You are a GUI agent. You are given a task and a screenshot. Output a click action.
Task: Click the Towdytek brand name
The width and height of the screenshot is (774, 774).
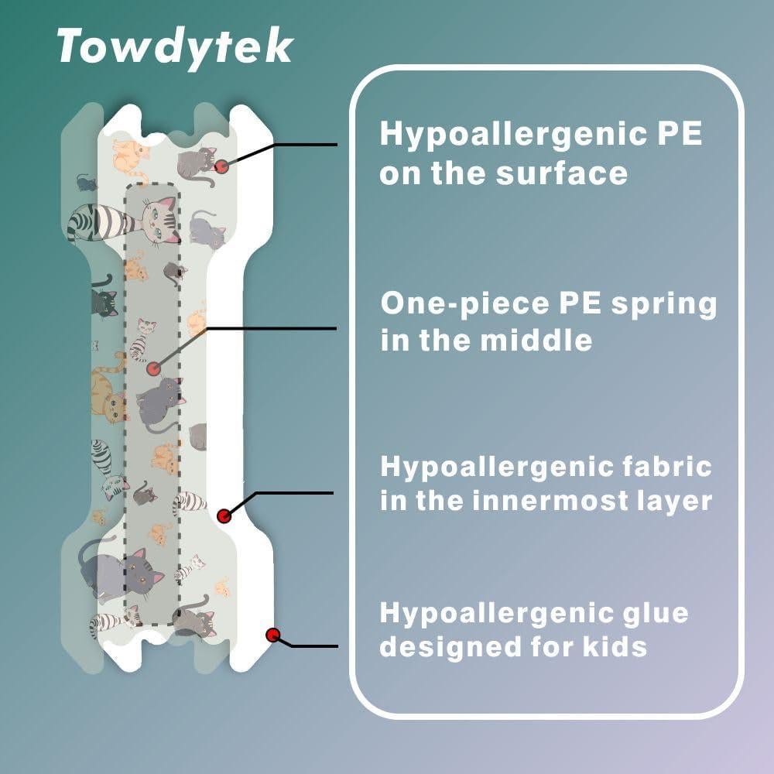[x=175, y=48]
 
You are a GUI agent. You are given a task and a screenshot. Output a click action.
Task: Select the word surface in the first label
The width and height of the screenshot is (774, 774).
[x=562, y=173]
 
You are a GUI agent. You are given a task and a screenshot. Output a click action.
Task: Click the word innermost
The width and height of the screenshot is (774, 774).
[x=550, y=501]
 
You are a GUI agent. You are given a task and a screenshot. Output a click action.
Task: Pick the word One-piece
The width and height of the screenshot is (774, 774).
[x=465, y=305]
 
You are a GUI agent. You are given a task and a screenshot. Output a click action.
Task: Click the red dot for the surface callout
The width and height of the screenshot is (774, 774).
[x=221, y=166]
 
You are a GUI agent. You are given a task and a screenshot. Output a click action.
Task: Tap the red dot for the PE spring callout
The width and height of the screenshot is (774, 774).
[x=155, y=368]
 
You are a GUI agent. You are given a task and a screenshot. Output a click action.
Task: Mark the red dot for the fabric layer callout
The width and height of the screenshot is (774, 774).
[x=224, y=516]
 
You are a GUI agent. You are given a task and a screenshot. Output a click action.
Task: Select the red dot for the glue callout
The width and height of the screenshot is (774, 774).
[x=273, y=635]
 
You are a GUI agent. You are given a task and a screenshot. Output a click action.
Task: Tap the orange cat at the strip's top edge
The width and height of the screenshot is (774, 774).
[x=129, y=155]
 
